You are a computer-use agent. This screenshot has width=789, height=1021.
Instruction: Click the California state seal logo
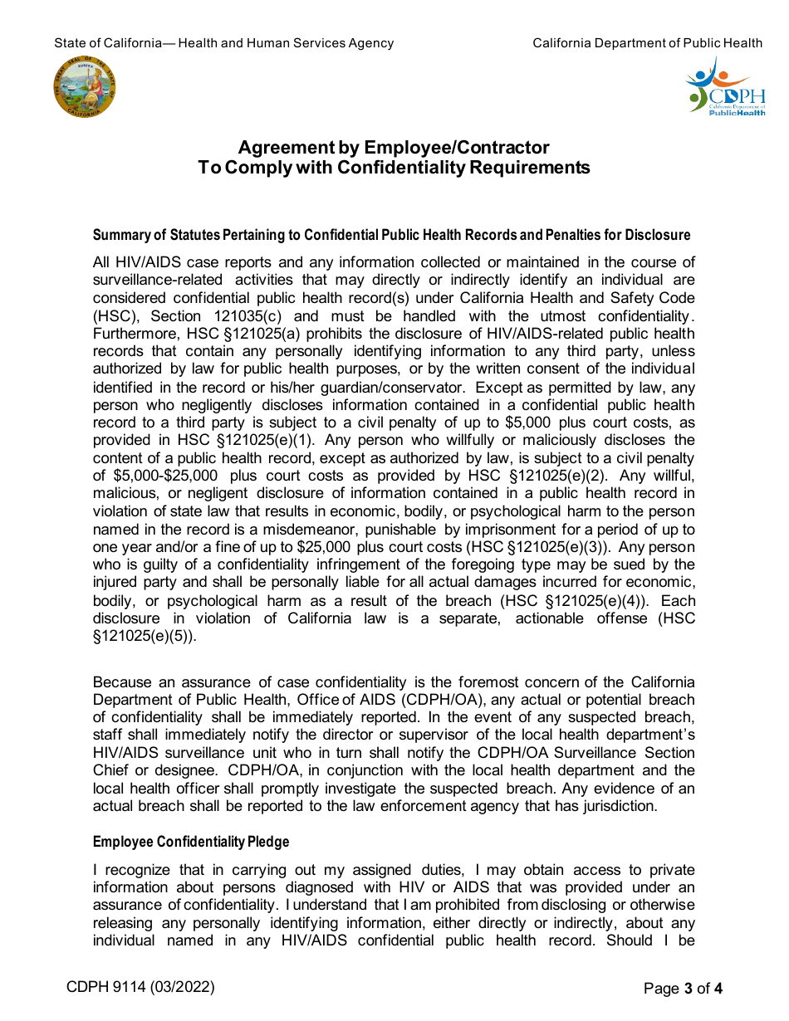click(x=85, y=87)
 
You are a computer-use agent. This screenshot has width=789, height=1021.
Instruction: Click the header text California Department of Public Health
click(x=647, y=43)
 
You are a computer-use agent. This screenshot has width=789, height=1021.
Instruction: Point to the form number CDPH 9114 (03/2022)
click(x=141, y=987)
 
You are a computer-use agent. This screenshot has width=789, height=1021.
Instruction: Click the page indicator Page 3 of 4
click(x=683, y=988)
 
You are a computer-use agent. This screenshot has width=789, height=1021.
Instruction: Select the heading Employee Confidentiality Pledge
click(x=191, y=842)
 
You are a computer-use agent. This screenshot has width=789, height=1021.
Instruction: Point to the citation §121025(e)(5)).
click(x=145, y=637)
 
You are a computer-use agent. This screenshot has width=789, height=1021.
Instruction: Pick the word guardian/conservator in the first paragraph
click(x=369, y=388)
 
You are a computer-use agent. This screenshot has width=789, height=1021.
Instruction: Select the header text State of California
click(x=108, y=43)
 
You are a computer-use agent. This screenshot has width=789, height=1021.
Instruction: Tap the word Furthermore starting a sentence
click(x=135, y=334)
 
